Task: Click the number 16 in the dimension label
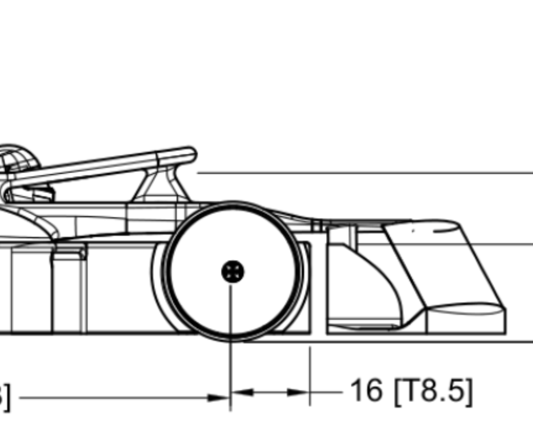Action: pos(366,390)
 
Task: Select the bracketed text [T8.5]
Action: pos(433,391)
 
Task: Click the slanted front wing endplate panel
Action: pos(443,264)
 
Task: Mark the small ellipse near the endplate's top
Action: pos(445,230)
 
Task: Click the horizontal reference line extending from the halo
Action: pos(366,173)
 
